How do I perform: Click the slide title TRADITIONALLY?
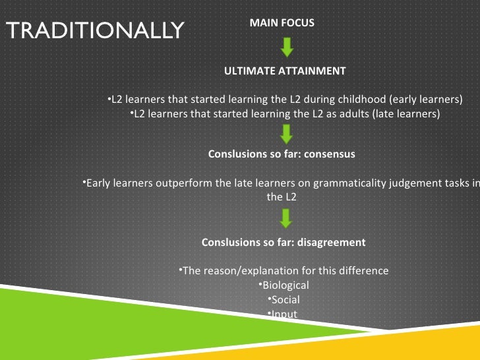(94, 30)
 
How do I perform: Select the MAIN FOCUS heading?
(282, 23)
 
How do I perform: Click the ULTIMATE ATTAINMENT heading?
(285, 71)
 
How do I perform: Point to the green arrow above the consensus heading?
(285, 134)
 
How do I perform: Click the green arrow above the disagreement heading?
(285, 218)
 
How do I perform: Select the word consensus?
(330, 154)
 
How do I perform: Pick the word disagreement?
(331, 242)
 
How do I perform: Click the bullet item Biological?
(284, 285)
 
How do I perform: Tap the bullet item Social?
(284, 299)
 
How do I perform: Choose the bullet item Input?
(284, 313)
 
